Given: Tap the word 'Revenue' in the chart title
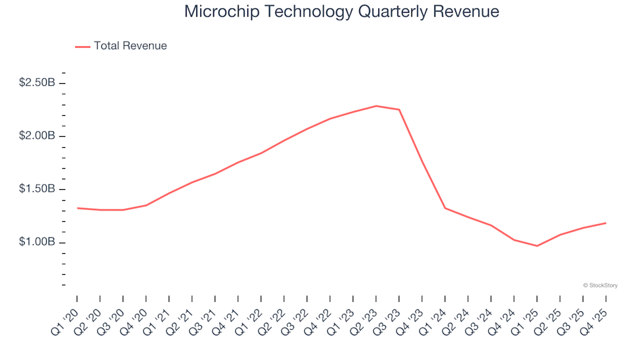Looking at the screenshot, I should [468, 12].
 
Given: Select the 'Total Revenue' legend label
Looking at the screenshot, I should [130, 46].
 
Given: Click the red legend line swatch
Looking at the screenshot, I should [83, 47].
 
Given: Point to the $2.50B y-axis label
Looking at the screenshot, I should [37, 83].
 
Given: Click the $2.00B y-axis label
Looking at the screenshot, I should [37, 136].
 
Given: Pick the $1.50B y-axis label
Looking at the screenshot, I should [37, 189].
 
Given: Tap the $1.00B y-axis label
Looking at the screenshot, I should [37, 242].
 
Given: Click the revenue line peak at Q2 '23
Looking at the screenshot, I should [376, 106].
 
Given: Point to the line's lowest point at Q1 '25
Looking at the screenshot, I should [537, 246].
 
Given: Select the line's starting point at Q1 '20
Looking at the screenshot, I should [77, 208].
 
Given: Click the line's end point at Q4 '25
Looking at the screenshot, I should [605, 223].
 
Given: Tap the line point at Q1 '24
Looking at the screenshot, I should [445, 208].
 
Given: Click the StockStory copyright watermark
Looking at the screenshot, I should [600, 285].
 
